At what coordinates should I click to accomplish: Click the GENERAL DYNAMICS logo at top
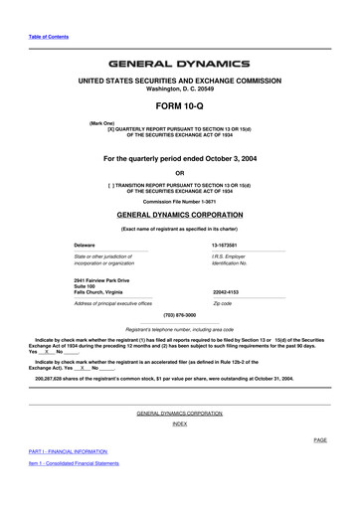[x=179, y=64]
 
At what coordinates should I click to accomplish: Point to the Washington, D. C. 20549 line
[x=179, y=86]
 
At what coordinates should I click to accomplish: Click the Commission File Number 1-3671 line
[x=179, y=202]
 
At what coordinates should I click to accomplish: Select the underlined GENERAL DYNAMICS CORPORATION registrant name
[x=179, y=214]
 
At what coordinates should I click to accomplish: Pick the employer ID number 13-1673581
[x=229, y=245]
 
